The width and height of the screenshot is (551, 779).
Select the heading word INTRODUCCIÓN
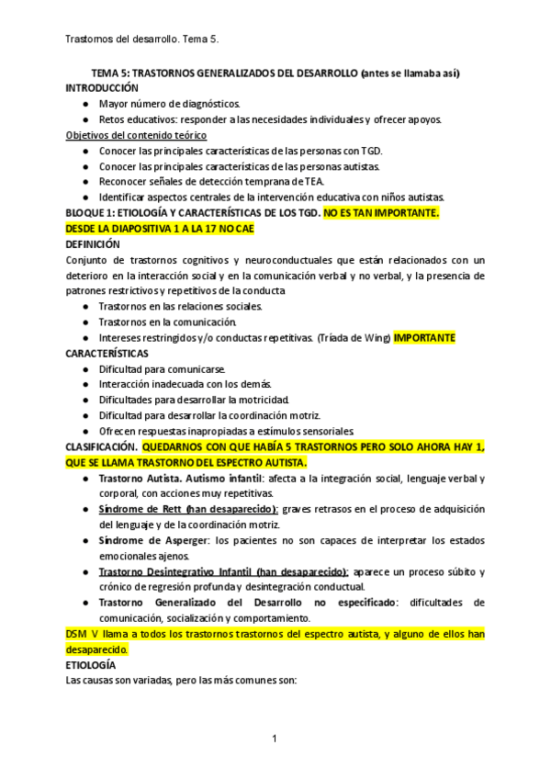(x=102, y=88)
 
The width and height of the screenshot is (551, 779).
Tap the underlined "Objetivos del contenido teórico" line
(x=136, y=135)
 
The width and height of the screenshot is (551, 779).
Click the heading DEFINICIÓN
(x=93, y=244)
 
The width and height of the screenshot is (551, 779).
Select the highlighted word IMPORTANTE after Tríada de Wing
(x=424, y=337)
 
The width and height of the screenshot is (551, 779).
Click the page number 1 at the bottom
(x=275, y=739)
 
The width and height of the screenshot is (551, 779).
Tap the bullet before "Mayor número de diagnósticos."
(x=85, y=104)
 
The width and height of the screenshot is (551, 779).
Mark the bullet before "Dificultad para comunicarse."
(x=85, y=368)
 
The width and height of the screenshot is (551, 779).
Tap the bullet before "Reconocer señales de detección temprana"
(x=85, y=182)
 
